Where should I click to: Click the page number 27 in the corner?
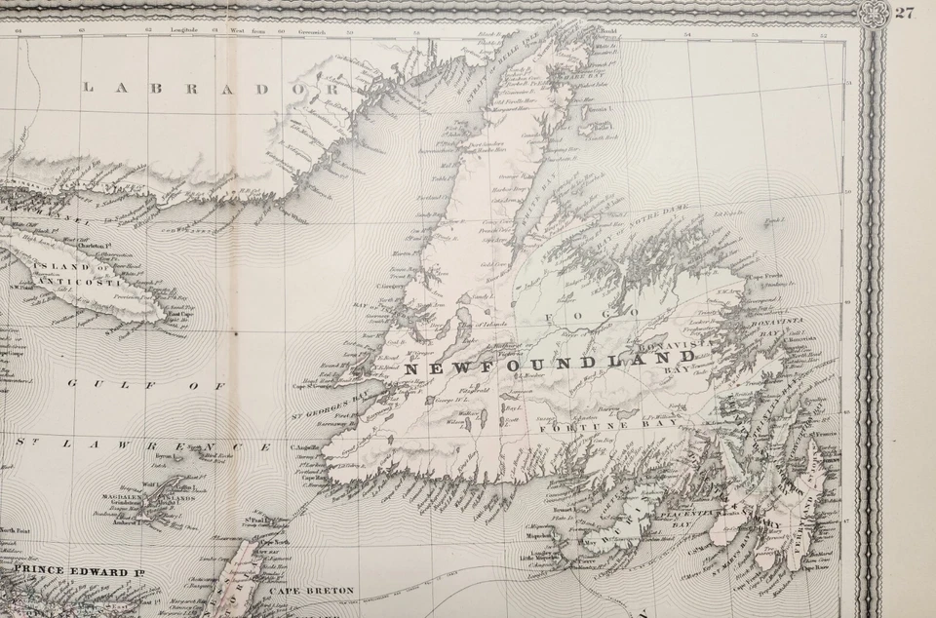904,13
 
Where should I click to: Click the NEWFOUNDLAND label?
551,368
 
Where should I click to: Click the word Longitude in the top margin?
184,31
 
